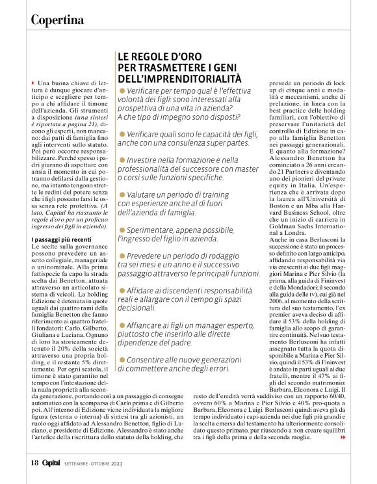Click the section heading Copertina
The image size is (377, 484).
click(58, 20)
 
